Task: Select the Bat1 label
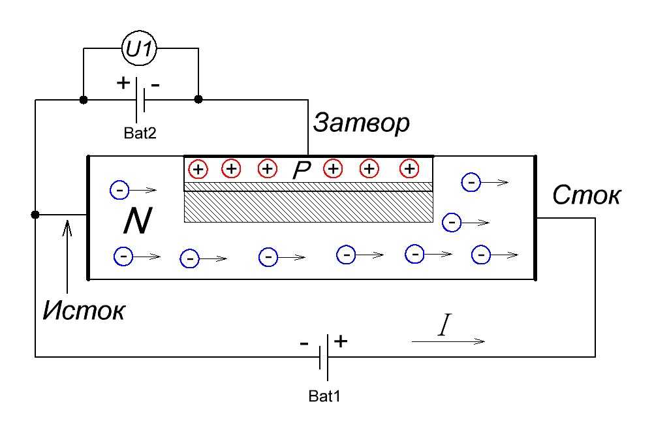(324, 396)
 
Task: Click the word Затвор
(361, 123)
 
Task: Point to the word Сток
(586, 195)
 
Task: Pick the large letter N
(138, 223)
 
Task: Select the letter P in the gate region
(301, 170)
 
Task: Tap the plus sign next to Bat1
(341, 341)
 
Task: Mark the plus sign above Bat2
(123, 84)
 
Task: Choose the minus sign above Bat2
(156, 85)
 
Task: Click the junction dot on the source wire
(35, 215)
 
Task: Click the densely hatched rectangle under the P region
(308, 207)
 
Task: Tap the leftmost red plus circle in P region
(198, 169)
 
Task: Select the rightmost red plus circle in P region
(409, 169)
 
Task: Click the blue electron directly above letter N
(120, 190)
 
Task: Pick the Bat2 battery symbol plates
(140, 100)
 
